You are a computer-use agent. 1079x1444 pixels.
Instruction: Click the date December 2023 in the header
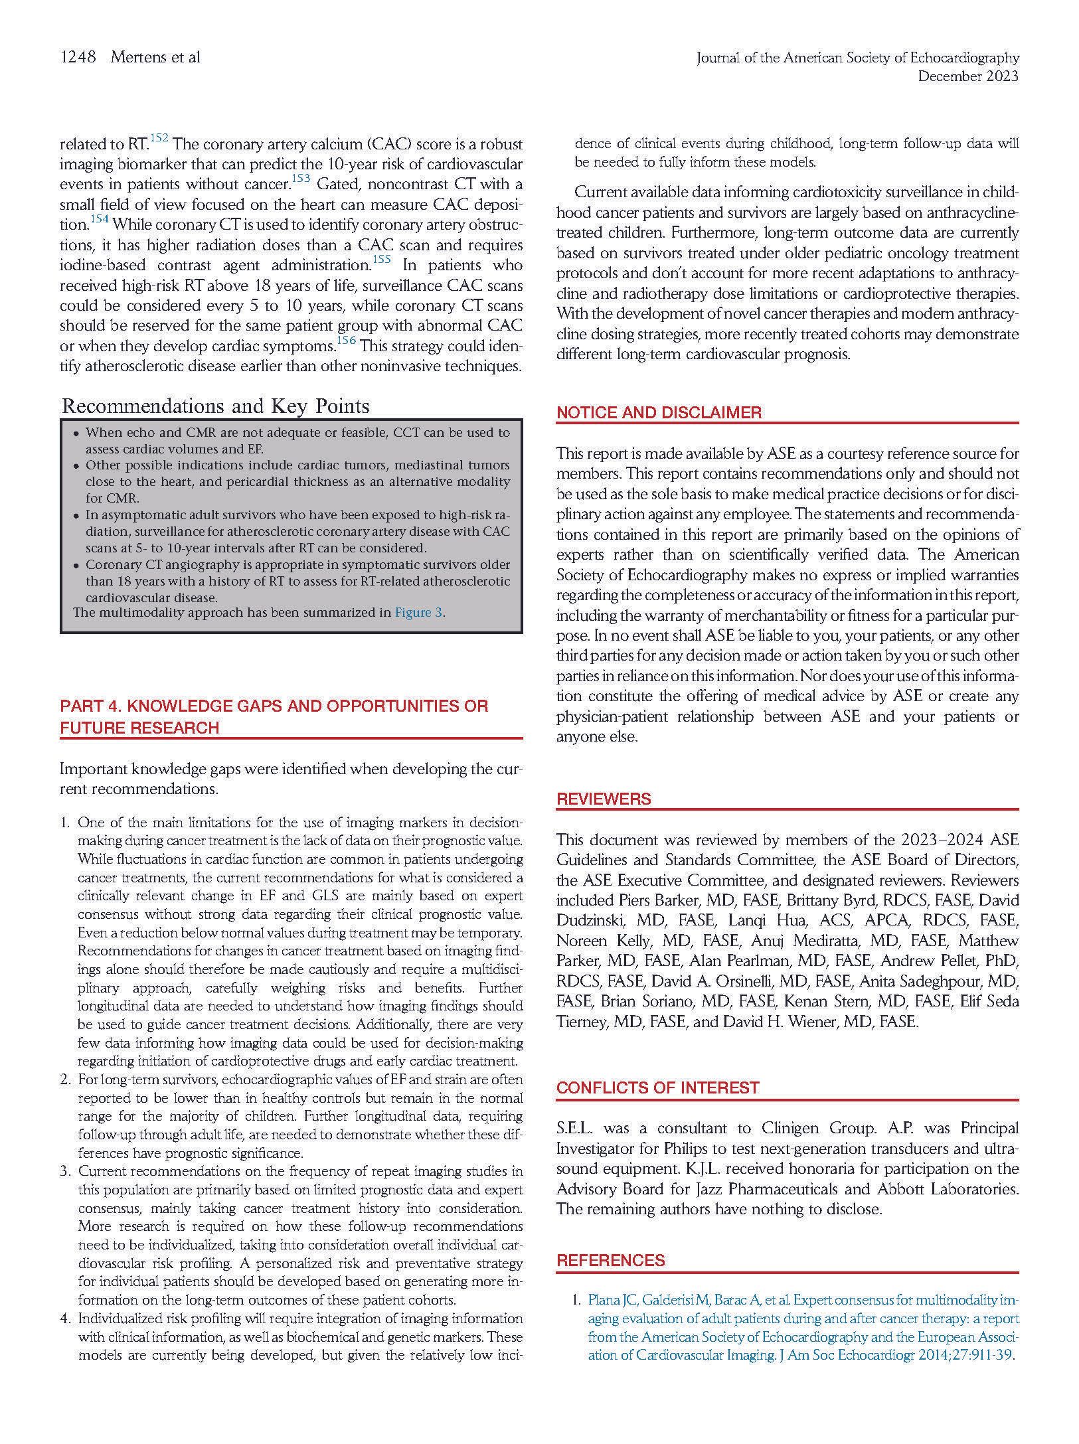click(967, 76)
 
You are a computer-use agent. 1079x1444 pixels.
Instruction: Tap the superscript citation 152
click(159, 138)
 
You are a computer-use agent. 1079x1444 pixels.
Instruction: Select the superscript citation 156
click(347, 341)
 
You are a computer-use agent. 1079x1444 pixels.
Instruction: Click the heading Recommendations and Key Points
click(215, 406)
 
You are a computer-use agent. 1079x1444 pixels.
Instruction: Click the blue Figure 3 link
click(418, 612)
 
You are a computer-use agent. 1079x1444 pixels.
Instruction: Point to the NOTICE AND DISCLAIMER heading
click(659, 412)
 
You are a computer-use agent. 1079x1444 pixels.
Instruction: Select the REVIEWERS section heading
click(604, 799)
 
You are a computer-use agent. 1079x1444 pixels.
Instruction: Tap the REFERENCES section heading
click(610, 1260)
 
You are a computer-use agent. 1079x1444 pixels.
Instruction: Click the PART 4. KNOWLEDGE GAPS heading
click(274, 706)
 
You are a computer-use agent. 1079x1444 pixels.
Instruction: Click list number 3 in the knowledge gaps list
click(65, 1171)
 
